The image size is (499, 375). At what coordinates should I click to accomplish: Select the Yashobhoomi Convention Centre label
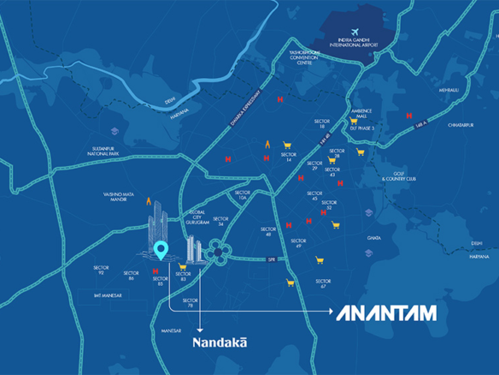[305, 56]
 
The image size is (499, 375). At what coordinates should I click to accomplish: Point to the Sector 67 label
[321, 283]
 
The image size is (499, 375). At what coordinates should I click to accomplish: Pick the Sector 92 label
[100, 270]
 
